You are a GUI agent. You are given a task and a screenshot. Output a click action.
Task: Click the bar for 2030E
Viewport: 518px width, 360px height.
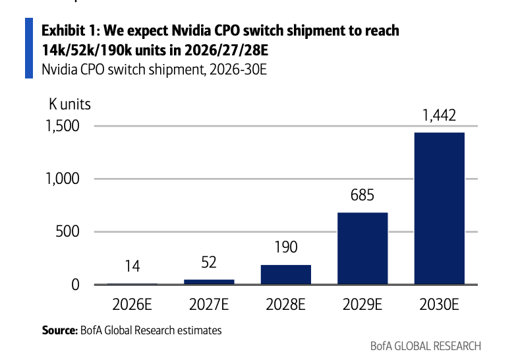439,208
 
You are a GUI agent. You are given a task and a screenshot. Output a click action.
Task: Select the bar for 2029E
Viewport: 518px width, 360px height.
362,249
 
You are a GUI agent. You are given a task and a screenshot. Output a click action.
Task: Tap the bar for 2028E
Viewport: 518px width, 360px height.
286,274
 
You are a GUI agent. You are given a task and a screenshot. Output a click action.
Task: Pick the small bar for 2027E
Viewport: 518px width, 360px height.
209,282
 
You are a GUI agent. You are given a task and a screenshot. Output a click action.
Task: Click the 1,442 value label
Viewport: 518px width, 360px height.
439,115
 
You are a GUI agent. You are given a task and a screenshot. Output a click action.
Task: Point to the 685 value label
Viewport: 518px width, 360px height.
362,195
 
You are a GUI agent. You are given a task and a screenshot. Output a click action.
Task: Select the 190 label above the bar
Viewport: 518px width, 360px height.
286,247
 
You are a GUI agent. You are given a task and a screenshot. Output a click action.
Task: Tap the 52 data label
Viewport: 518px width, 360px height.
209,262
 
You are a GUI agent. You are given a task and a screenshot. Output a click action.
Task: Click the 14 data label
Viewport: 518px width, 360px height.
132,266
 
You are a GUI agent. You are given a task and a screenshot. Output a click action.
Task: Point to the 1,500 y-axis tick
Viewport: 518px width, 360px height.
63,126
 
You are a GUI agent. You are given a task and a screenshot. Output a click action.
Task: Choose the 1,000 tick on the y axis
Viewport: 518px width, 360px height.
63,179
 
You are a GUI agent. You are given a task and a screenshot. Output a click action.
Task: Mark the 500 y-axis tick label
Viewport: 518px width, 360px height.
68,231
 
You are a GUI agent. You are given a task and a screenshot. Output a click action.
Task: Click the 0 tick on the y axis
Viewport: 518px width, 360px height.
76,285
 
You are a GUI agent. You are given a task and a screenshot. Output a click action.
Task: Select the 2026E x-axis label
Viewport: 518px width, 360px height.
132,304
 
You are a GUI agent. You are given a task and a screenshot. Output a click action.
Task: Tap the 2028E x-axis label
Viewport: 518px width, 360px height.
286,304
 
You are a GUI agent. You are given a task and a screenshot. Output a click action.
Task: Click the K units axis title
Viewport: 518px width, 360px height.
70,104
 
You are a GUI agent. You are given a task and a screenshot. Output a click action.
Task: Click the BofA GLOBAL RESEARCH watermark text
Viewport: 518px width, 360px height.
426,346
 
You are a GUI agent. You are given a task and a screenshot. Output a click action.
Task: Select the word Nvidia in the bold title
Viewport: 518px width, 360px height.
191,31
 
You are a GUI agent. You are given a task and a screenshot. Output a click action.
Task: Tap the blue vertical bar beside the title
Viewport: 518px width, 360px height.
29,48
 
